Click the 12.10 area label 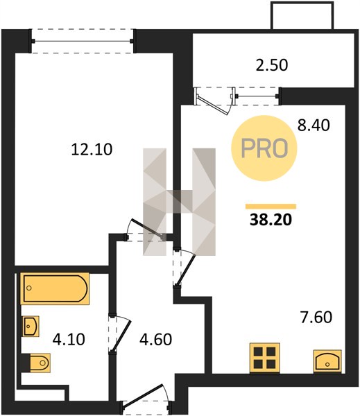click(x=92, y=149)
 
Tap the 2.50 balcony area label click(x=272, y=65)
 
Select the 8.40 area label click(x=314, y=125)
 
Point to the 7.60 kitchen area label click(x=316, y=318)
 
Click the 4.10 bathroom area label click(x=69, y=339)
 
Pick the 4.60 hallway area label click(x=156, y=339)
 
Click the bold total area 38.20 click(x=271, y=219)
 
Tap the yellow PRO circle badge click(x=264, y=148)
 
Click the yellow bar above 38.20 click(x=271, y=207)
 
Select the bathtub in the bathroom click(x=55, y=288)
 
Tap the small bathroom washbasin click(x=31, y=326)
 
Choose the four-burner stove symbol click(x=264, y=358)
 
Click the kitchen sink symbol click(x=327, y=361)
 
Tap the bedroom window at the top click(x=83, y=41)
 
